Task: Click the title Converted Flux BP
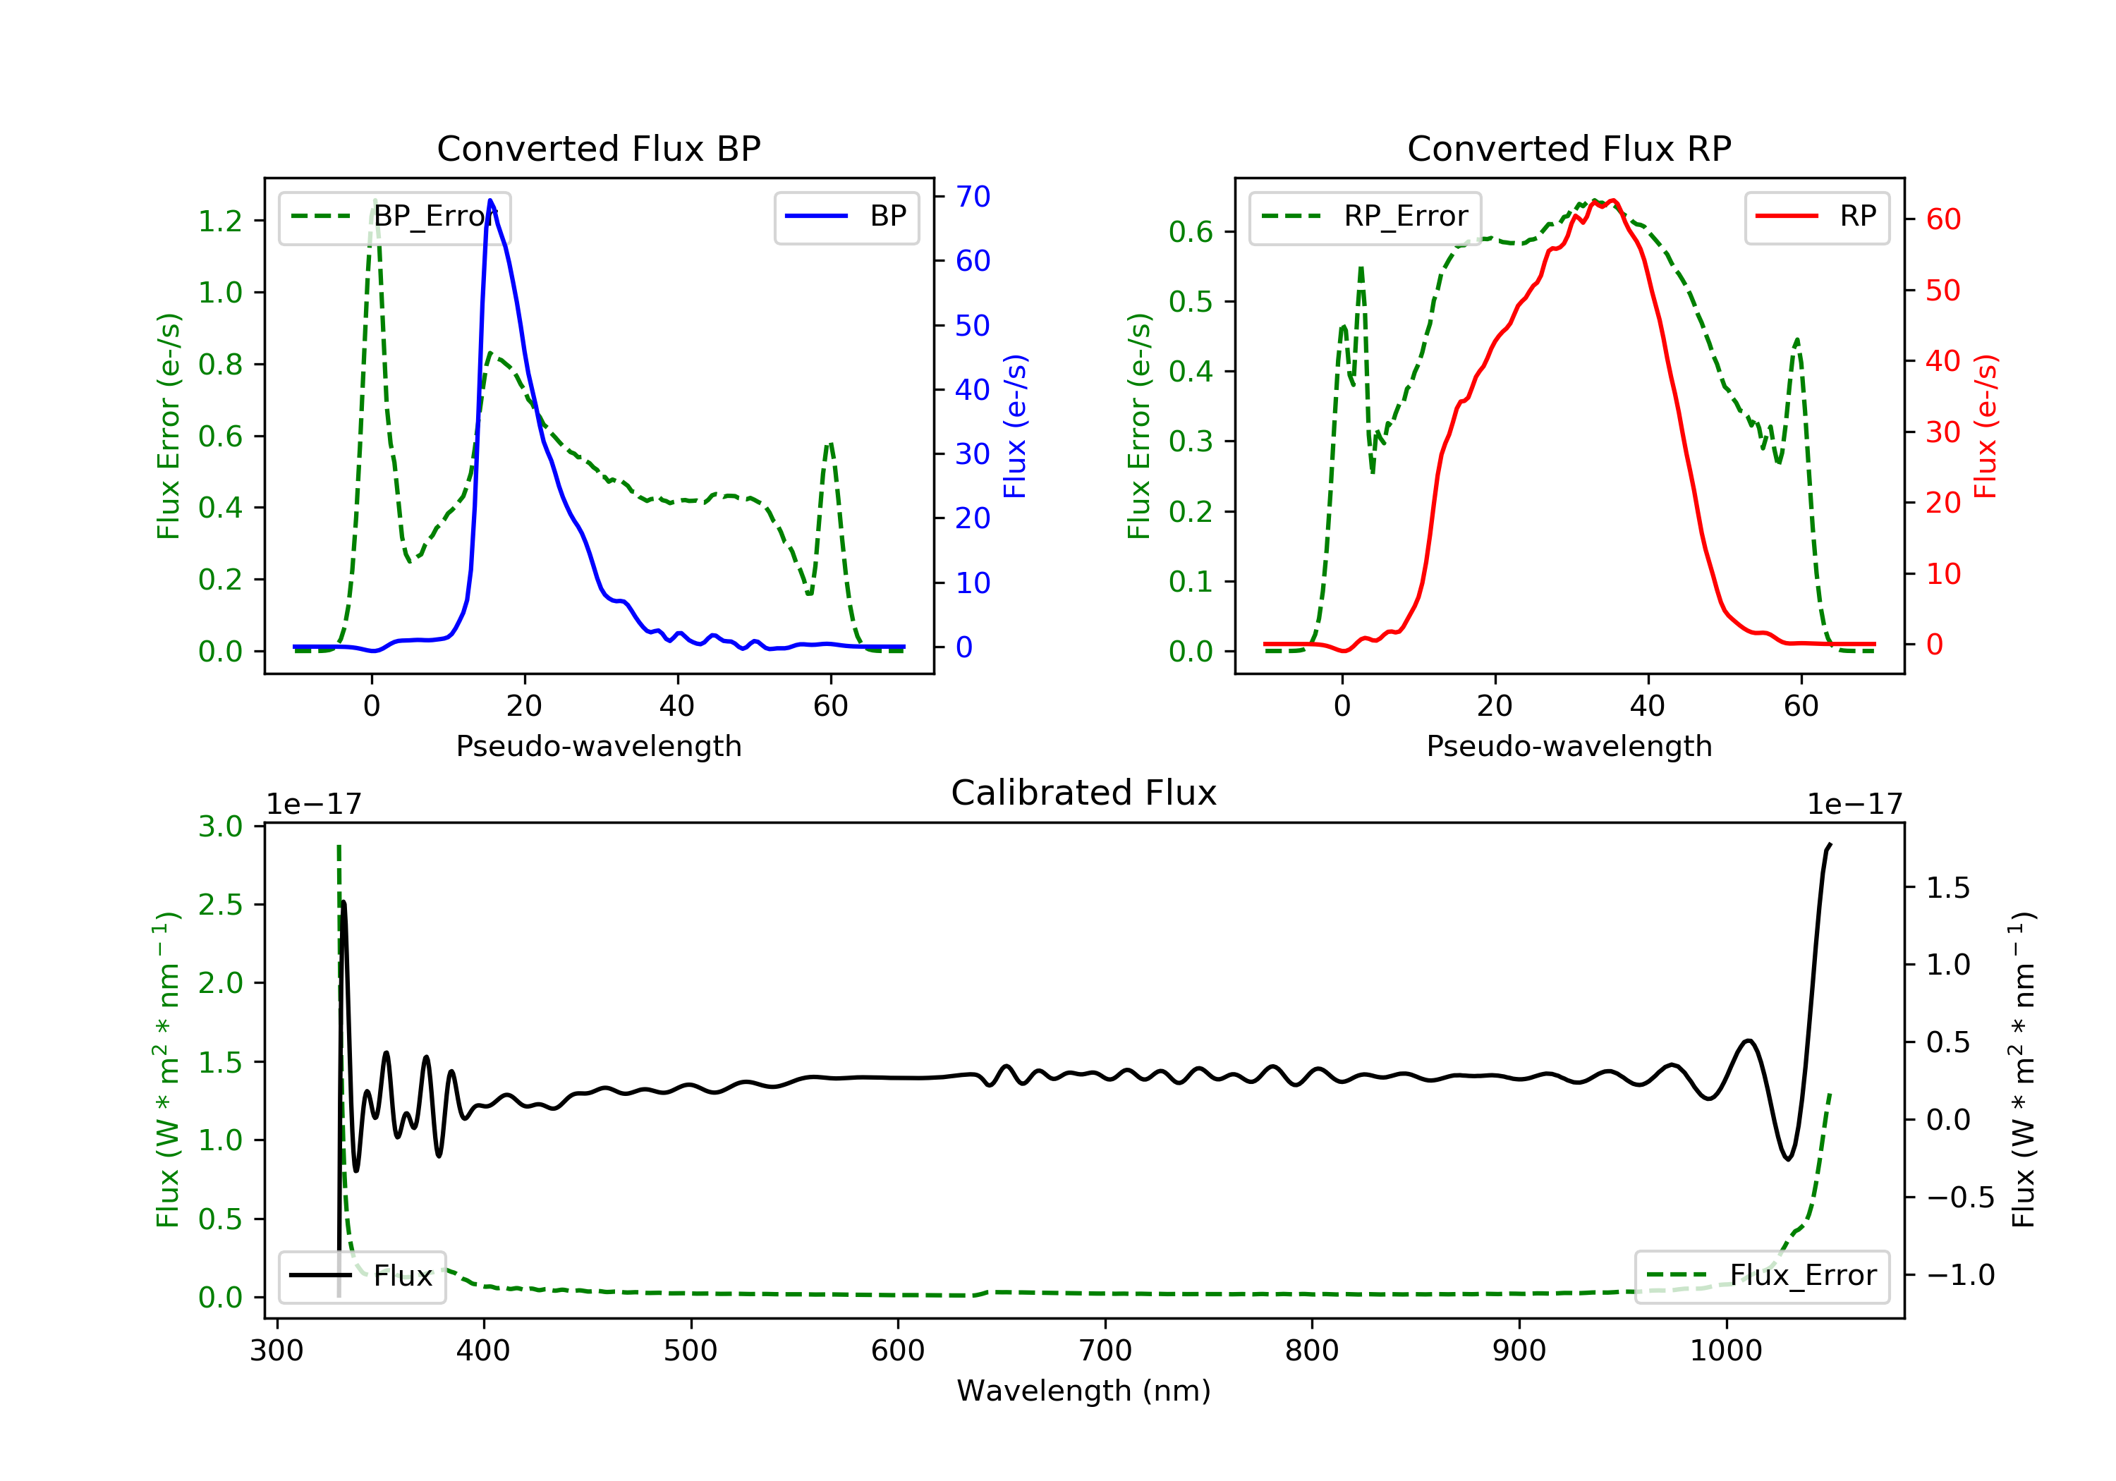598,148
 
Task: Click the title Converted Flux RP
1569,148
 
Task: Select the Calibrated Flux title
1084,793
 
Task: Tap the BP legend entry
846,217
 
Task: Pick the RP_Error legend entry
1364,217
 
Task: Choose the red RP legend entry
1816,217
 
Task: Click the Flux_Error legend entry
1761,1276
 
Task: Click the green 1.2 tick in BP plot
220,221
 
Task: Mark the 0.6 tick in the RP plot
1191,232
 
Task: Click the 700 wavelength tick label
1105,1351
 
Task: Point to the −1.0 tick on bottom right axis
1960,1276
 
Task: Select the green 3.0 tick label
220,827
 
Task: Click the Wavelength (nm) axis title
1084,1391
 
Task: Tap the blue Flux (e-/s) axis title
1015,426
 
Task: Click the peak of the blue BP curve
490,200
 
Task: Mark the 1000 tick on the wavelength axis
1725,1351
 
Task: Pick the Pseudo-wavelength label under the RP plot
1569,746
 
